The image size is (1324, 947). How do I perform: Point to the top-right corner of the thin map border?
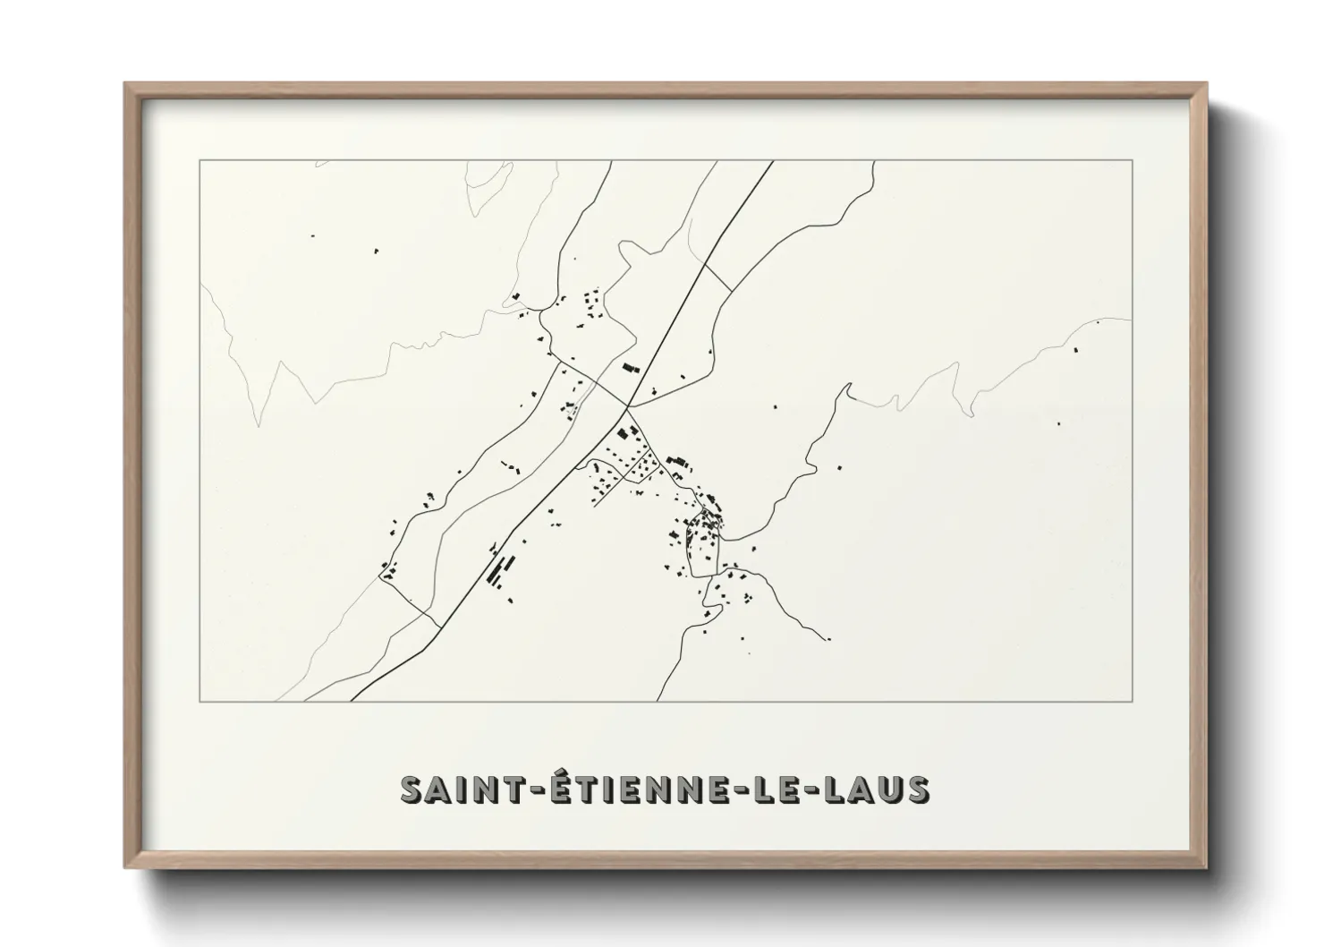[1133, 160]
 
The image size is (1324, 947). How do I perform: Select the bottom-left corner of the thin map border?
[199, 701]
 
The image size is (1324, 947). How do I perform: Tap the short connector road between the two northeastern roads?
[718, 265]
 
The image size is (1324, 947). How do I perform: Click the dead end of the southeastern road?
[828, 639]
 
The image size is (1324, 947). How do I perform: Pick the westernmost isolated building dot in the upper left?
[312, 235]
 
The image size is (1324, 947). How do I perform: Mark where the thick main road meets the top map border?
[772, 161]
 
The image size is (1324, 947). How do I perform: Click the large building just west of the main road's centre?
[632, 367]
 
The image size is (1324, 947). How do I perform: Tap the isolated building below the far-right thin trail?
[1077, 349]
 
